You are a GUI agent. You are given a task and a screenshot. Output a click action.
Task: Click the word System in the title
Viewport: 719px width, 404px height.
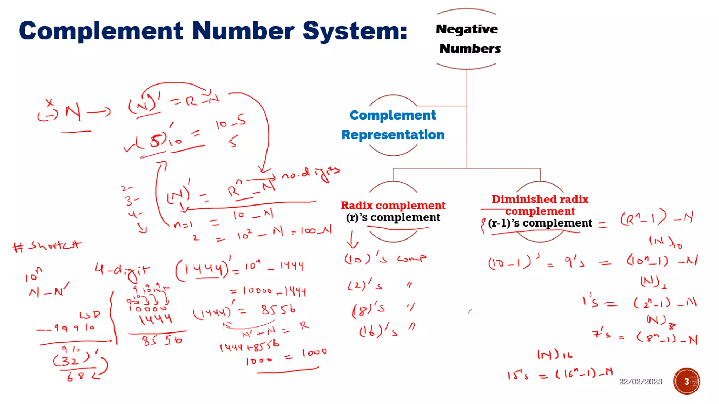355,31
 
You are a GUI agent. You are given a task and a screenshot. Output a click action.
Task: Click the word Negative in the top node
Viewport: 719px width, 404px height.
467,29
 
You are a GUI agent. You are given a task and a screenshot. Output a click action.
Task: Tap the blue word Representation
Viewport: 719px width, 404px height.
393,135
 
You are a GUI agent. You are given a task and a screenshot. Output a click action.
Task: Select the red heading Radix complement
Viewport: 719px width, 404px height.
393,205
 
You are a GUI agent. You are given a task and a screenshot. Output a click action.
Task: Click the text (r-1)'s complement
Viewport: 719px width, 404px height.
540,223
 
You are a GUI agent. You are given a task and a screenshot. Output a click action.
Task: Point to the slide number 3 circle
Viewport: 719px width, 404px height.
686,381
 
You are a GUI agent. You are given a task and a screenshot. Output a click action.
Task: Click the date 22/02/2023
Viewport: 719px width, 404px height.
640,382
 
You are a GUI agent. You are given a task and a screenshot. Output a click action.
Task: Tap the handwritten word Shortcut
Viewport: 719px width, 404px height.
54,245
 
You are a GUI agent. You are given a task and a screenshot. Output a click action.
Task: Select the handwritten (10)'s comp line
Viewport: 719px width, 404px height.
385,259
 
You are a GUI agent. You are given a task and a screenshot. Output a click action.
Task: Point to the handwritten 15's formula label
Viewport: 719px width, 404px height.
517,376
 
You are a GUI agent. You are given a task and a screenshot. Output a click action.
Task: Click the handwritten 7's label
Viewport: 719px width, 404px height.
601,333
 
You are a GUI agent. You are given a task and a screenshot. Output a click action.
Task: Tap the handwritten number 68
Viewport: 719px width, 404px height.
75,377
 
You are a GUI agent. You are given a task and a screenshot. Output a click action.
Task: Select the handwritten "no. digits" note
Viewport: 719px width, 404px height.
311,174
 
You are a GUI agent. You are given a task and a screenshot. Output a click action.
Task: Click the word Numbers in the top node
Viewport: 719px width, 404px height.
470,48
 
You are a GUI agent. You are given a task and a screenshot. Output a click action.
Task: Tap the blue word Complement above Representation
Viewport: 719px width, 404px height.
393,115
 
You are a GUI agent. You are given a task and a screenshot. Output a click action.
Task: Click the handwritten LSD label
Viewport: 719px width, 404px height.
90,315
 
